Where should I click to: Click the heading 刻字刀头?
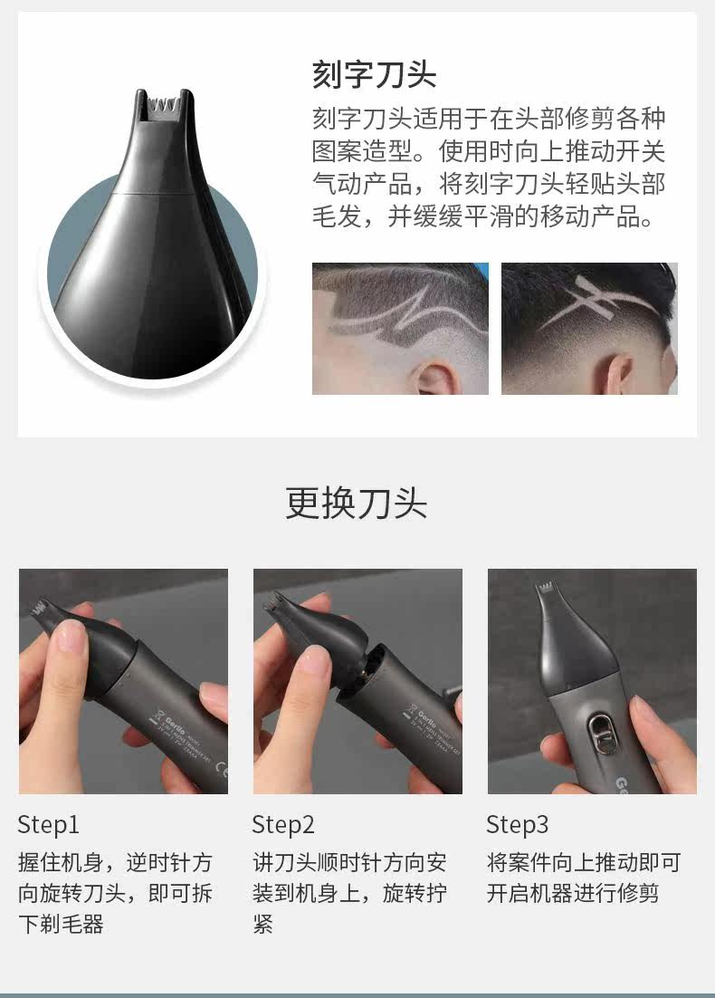click(x=374, y=74)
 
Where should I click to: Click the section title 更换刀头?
click(x=357, y=504)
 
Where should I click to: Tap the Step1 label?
click(x=48, y=824)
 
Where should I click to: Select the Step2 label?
click(x=283, y=824)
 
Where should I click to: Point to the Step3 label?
click(x=517, y=824)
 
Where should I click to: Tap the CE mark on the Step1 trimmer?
click(x=220, y=769)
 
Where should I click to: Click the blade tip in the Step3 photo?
click(x=544, y=590)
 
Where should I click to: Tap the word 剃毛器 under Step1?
click(x=71, y=924)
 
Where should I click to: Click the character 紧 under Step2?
click(x=262, y=924)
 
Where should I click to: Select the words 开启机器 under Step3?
click(x=529, y=893)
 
